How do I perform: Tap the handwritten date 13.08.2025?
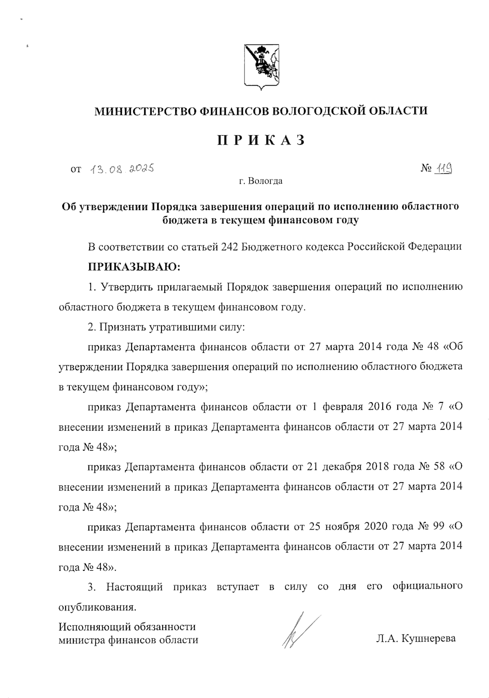tap(121, 168)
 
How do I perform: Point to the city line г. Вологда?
tap(261, 181)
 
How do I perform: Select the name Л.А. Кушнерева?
tap(416, 638)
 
